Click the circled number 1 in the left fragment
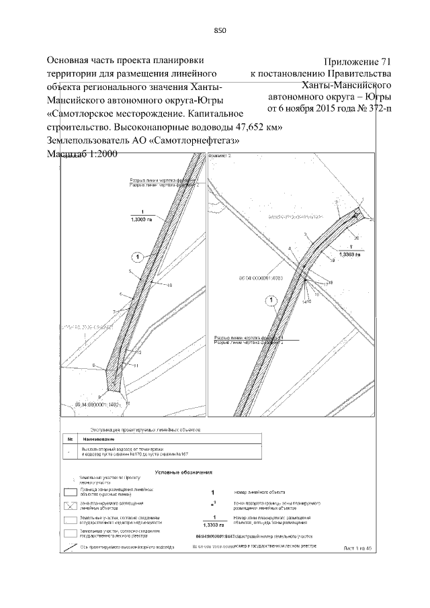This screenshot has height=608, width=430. coord(137,257)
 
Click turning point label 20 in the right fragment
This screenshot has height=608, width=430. coord(357,238)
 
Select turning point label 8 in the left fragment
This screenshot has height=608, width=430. coord(94,366)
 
